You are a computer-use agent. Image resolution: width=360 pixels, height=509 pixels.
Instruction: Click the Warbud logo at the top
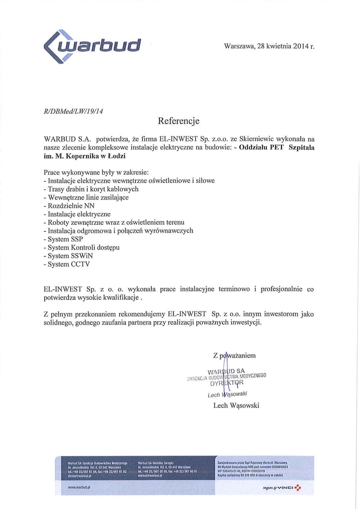pos(92,46)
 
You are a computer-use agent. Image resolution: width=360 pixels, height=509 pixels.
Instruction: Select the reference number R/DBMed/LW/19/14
pos(74,111)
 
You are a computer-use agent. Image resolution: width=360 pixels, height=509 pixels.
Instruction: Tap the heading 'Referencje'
pos(178,121)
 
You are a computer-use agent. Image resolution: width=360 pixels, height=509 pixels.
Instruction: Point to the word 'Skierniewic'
pos(257,139)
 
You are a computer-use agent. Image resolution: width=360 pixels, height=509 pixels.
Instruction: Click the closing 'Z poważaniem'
pos(234,355)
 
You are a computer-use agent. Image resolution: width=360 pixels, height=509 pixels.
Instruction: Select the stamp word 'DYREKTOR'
pos(227,383)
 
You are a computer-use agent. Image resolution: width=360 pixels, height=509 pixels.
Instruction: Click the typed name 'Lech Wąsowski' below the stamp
pos(236,406)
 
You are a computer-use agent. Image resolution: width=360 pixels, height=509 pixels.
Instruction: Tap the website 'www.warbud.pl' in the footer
pos(79,487)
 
